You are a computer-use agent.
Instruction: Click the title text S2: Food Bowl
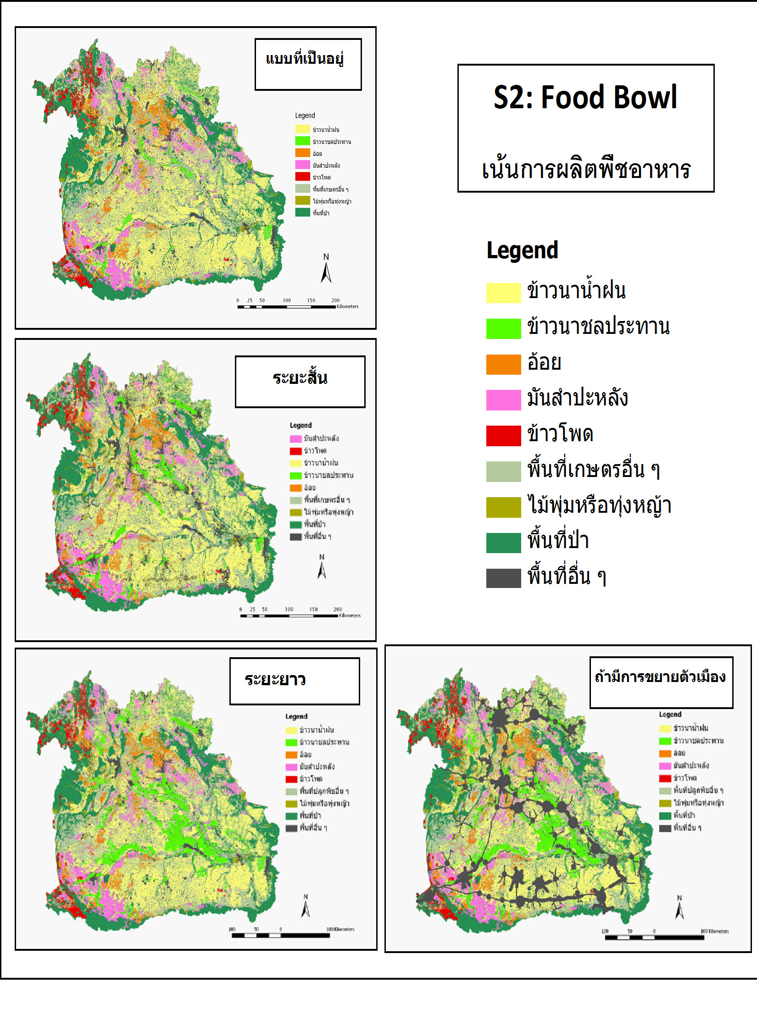(585, 97)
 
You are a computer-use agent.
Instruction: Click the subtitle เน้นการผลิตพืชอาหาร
(586, 169)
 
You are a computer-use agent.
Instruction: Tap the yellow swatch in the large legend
(503, 293)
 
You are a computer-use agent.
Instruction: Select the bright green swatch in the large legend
(503, 328)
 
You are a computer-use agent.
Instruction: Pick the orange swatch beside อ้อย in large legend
(503, 364)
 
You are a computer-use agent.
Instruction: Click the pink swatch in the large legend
(503, 399)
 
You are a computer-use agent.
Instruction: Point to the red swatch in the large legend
(503, 435)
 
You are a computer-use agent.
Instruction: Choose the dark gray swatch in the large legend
(503, 578)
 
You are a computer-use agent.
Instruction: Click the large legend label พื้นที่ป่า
(558, 541)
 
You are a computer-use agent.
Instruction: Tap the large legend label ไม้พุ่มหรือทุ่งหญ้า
(599, 505)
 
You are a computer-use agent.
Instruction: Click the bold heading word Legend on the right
(522, 250)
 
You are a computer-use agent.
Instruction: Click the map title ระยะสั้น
(300, 379)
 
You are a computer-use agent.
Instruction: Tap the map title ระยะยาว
(275, 679)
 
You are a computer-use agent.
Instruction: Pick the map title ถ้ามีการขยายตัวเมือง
(660, 677)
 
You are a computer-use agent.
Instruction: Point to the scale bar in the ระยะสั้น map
(289, 615)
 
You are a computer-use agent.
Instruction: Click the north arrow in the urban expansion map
(679, 908)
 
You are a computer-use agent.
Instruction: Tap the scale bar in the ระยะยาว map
(280, 935)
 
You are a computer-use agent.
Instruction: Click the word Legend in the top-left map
(305, 116)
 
